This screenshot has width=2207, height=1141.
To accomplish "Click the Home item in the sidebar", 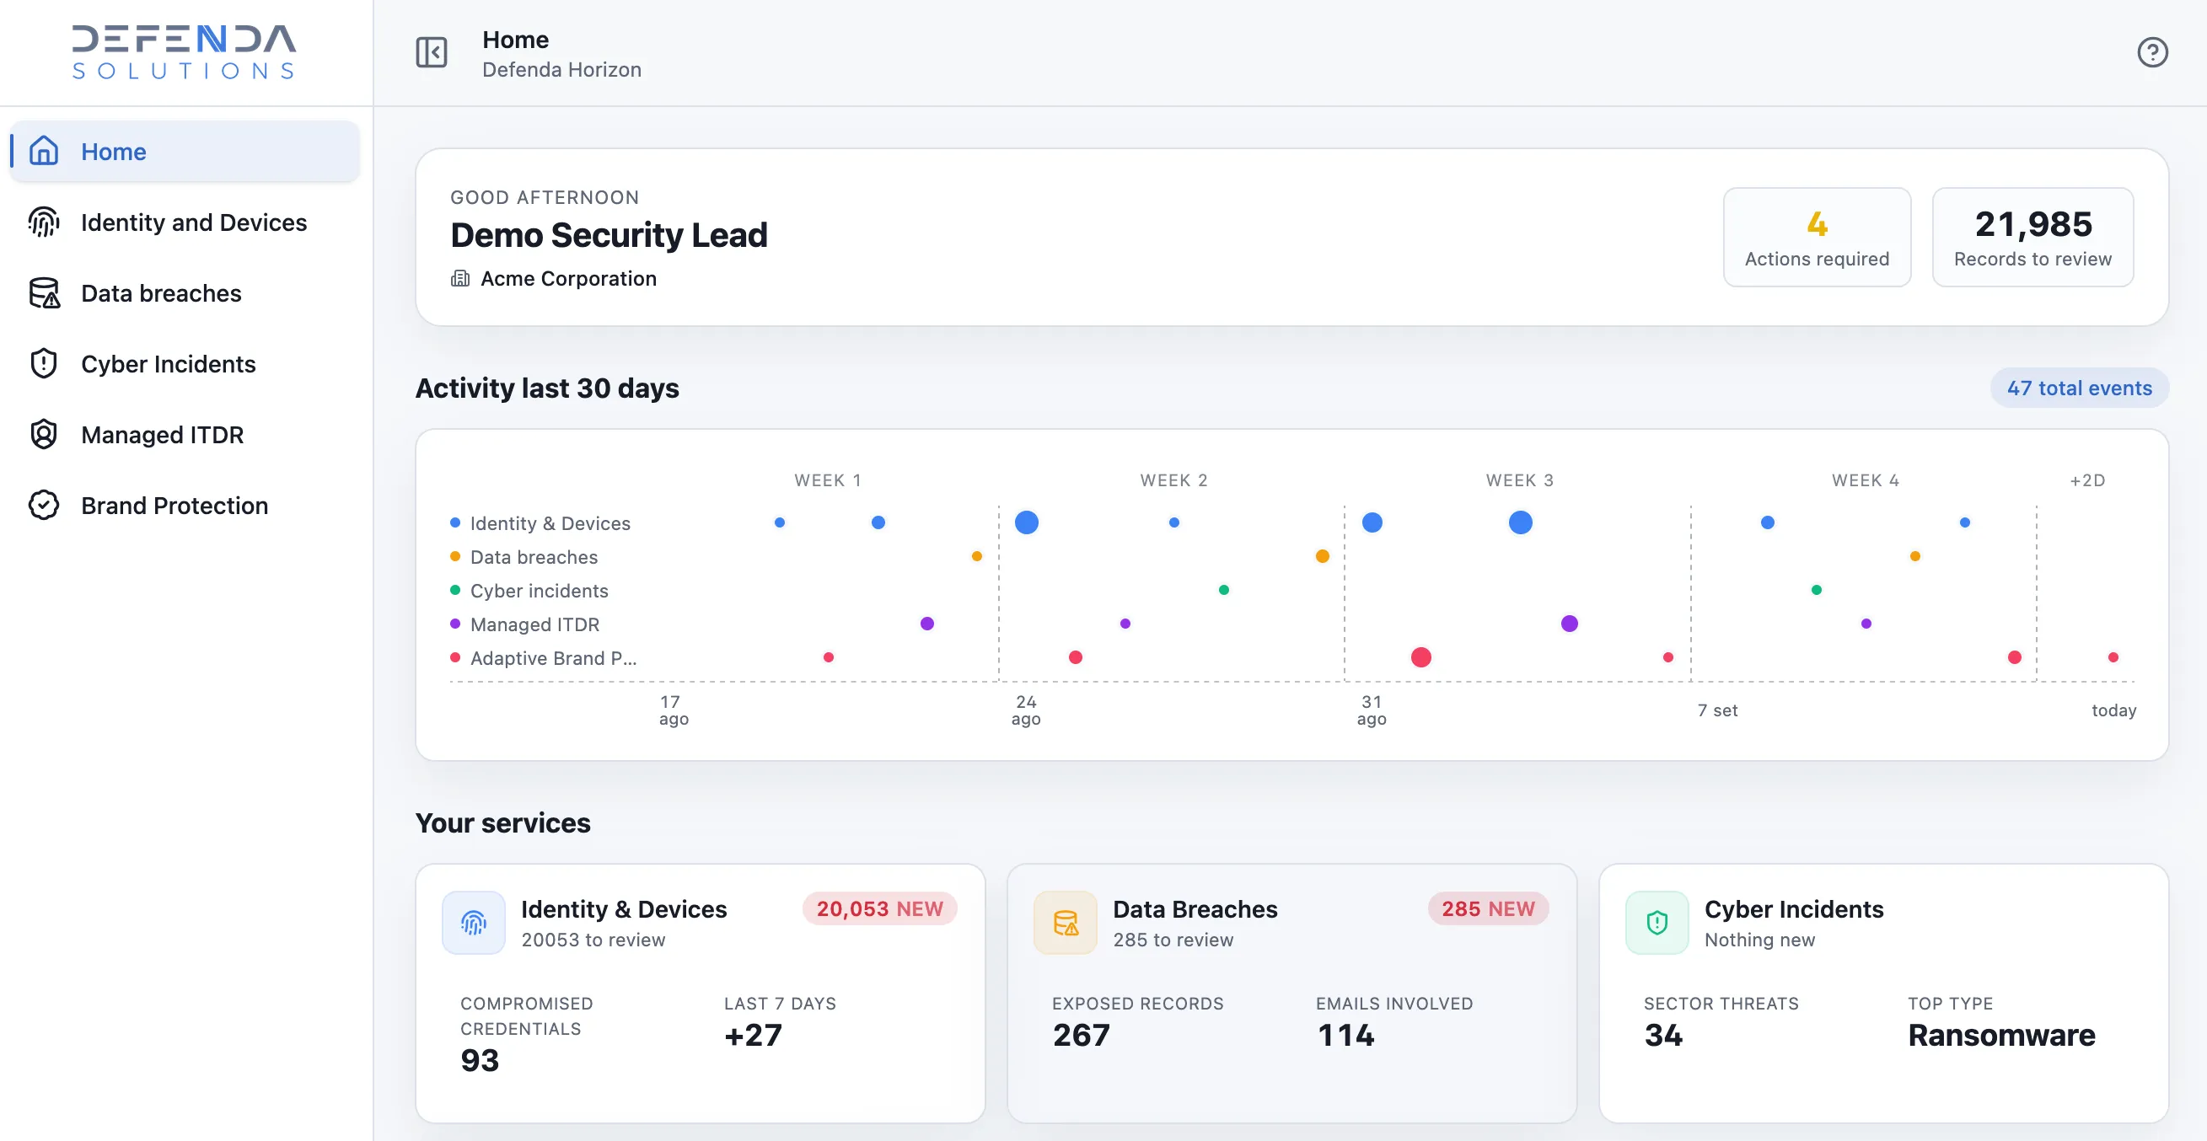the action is [185, 152].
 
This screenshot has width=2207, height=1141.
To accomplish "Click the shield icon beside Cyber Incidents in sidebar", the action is [44, 364].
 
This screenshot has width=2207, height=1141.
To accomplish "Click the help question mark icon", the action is [2151, 52].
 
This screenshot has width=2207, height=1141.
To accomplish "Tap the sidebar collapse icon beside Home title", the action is [432, 52].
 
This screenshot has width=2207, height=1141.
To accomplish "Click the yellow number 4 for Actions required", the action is [1817, 224].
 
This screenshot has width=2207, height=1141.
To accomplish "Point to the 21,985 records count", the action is [2033, 224].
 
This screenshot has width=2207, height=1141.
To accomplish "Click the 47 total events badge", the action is [2080, 388].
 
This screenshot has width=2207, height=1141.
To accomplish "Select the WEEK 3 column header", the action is [1519, 480].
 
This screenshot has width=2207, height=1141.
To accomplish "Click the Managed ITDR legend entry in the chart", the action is [525, 624].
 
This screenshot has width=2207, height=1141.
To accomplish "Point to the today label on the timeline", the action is [2113, 710].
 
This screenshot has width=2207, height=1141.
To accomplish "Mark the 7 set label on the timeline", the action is [1718, 710].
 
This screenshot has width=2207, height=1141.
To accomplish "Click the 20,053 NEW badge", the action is [880, 909].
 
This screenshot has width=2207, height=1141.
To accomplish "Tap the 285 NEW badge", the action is [1488, 909].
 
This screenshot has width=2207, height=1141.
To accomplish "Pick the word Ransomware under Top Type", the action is [2001, 1036].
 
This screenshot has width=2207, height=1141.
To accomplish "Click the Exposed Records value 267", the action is [1082, 1036].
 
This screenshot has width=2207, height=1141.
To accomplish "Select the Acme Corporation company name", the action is [569, 278].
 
